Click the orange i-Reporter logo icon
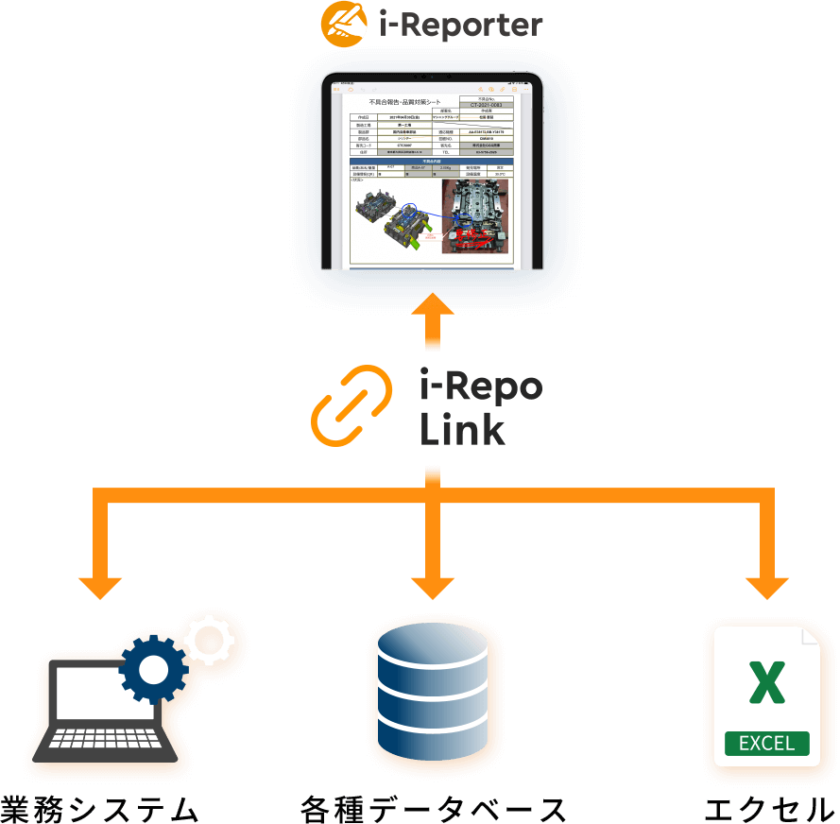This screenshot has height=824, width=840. click(345, 23)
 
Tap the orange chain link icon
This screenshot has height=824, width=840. click(352, 406)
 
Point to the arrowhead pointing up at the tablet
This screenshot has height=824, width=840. click(434, 308)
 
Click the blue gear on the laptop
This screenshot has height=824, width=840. click(154, 669)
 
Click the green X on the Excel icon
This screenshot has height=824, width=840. click(766, 682)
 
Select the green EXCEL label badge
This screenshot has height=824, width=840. click(766, 743)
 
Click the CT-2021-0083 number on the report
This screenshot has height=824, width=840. click(487, 105)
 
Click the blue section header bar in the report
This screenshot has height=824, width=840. click(432, 162)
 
